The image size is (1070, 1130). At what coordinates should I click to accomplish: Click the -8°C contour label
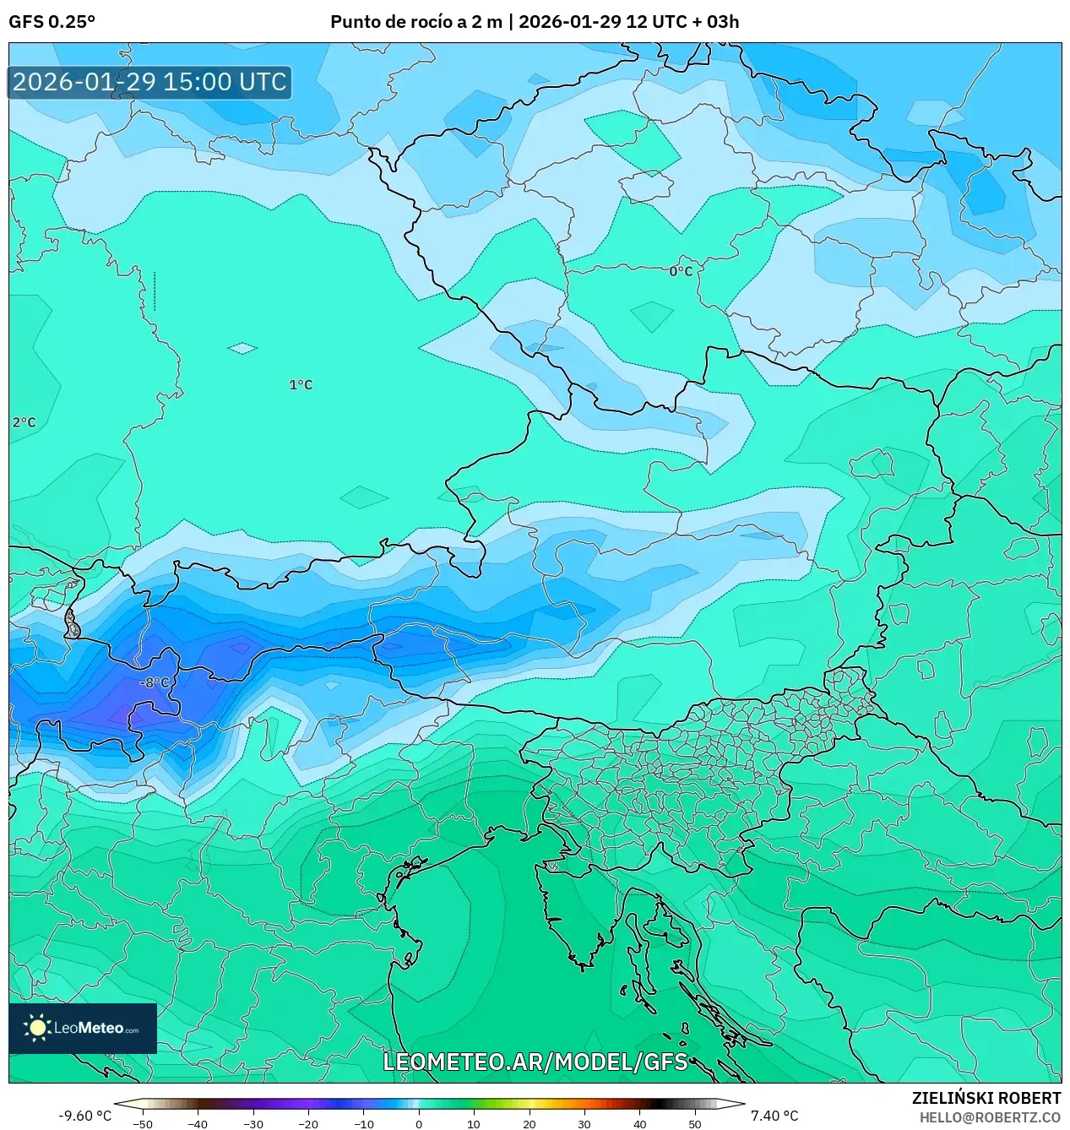point(155,682)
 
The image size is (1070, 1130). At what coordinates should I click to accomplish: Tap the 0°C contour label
point(681,271)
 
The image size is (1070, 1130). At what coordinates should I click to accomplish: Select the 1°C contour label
point(301,384)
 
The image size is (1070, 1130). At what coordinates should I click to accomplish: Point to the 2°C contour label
point(24,422)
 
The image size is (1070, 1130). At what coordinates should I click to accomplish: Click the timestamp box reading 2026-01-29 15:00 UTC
point(149,82)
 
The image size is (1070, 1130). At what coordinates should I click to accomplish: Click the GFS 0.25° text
point(52,22)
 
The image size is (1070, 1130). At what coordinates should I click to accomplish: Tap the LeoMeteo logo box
point(83,1028)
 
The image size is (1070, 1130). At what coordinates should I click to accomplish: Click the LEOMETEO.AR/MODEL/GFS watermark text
point(535,1062)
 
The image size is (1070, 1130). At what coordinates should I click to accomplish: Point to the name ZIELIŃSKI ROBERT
point(986,1098)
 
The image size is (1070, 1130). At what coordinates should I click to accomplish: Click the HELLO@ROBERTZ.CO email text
point(990,1117)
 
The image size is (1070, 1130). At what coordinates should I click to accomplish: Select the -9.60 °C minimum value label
point(84,1116)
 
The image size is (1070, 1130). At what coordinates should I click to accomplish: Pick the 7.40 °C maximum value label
point(774,1116)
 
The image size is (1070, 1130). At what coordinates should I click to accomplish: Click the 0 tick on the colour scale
point(419,1123)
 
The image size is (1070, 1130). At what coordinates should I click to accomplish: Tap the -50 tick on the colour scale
point(143,1123)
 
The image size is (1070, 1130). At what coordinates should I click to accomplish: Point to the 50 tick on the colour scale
point(695,1123)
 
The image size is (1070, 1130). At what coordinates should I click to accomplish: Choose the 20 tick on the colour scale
point(530,1123)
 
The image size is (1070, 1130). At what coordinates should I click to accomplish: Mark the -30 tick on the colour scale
point(253,1123)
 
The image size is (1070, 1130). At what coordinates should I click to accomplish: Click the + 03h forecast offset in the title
point(715,22)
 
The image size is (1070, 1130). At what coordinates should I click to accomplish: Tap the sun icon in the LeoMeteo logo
point(38,1028)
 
